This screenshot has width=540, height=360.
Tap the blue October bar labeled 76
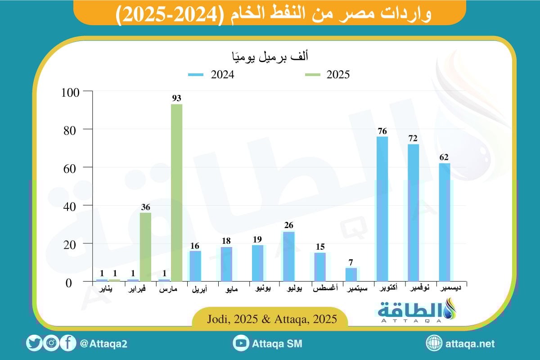click(x=382, y=209)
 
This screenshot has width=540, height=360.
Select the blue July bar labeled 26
click(x=288, y=256)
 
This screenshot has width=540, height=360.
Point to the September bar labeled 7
click(x=351, y=274)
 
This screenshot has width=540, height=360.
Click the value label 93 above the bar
click(x=176, y=98)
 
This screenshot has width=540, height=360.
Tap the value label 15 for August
click(x=320, y=247)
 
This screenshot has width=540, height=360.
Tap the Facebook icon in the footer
click(x=68, y=344)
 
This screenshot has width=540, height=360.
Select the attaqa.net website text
click(x=470, y=344)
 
